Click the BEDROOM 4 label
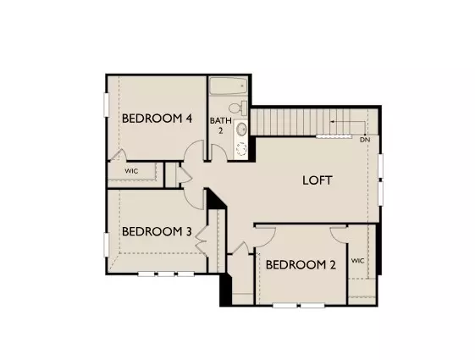(x=157, y=118)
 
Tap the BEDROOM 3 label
(x=157, y=231)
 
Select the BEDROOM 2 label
(x=301, y=265)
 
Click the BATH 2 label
(x=219, y=125)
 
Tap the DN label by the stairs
(x=364, y=140)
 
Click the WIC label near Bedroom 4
(x=131, y=171)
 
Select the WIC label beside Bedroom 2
(x=357, y=260)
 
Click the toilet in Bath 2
(x=241, y=108)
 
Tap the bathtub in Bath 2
(x=227, y=88)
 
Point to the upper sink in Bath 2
(x=241, y=130)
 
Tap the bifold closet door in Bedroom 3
(x=203, y=239)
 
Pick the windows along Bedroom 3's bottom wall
(x=166, y=273)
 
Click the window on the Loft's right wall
(x=381, y=179)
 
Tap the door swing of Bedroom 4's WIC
(x=120, y=157)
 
